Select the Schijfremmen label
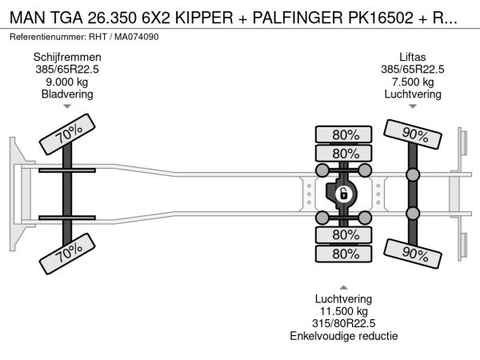66,57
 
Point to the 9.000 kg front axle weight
66,82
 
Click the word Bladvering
66,94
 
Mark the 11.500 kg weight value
343,311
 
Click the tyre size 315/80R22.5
343,323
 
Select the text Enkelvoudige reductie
343,336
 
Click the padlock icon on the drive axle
342,194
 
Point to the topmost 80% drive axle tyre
345,134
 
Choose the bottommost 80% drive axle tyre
345,254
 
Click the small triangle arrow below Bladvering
66,106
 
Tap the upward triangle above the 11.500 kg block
343,287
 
